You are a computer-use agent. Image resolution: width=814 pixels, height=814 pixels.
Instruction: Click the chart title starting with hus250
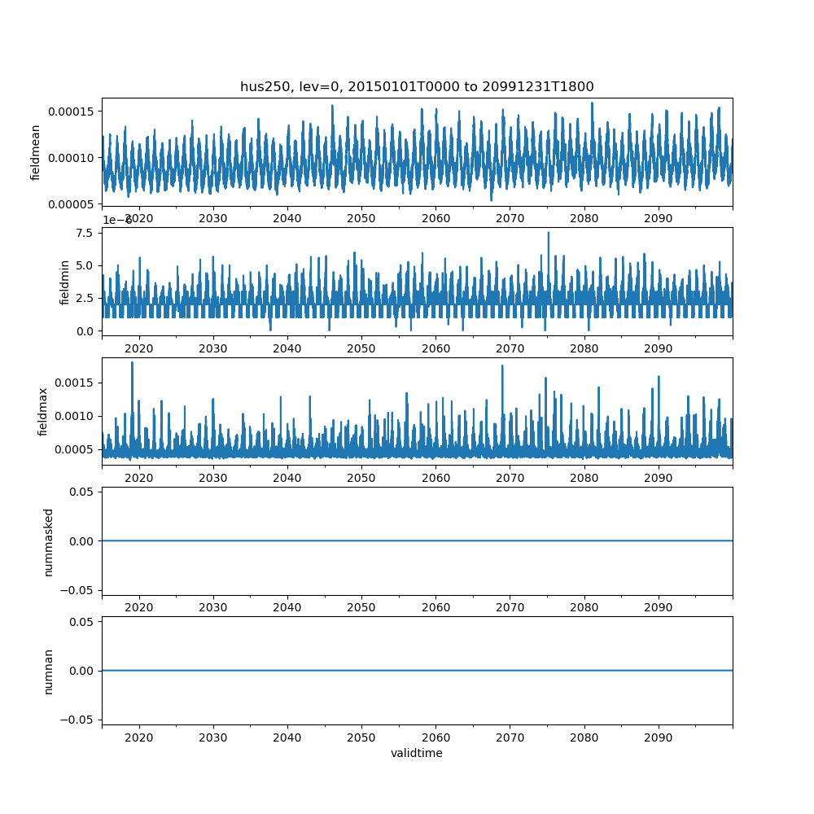(x=417, y=86)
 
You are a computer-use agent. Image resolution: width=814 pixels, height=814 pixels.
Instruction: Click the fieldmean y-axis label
(x=36, y=152)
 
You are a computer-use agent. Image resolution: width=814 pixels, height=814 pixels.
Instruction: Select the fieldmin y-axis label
(x=65, y=282)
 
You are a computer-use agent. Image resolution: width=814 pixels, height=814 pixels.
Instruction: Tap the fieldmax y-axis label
(x=42, y=411)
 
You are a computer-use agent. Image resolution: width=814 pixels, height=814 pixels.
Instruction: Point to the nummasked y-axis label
(x=48, y=541)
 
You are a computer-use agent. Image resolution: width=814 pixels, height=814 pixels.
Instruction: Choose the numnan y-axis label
(x=48, y=671)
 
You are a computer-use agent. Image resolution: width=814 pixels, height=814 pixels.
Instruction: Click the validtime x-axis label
(x=417, y=754)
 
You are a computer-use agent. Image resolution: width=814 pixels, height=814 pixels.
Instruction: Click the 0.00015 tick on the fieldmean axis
(x=71, y=111)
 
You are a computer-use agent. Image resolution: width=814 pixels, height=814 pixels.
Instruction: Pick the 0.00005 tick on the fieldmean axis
(x=71, y=203)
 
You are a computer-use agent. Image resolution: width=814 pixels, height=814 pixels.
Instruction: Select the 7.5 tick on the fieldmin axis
(x=85, y=233)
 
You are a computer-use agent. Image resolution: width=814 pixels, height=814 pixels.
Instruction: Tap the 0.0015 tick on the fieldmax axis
(x=74, y=383)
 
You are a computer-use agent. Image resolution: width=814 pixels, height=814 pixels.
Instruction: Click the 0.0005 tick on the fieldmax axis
(x=74, y=449)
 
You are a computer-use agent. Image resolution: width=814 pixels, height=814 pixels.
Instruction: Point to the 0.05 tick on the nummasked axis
(x=84, y=492)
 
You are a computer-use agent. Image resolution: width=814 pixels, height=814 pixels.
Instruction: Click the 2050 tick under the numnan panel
(x=361, y=737)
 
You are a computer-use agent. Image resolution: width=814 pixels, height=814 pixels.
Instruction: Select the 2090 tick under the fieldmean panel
(x=658, y=218)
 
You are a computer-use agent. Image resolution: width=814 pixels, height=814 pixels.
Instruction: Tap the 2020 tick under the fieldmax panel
(x=139, y=478)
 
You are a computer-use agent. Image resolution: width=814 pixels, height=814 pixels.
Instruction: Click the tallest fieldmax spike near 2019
(x=132, y=363)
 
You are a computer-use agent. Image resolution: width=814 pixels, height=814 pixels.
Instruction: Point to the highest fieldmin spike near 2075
(x=548, y=234)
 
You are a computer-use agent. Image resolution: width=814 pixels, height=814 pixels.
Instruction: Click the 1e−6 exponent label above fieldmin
(x=116, y=221)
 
